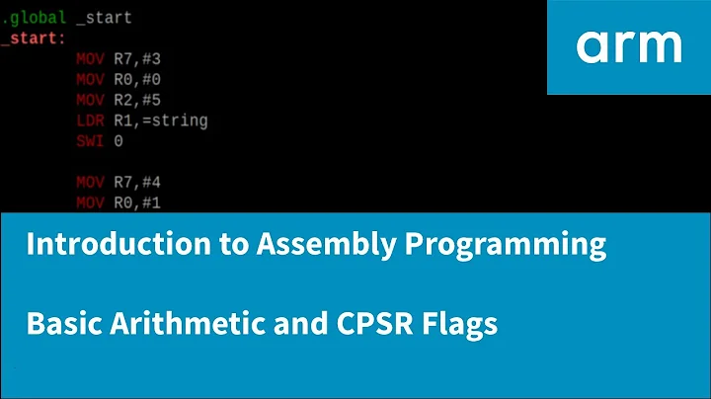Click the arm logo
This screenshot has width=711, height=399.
tap(628, 45)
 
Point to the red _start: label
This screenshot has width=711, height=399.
tap(34, 38)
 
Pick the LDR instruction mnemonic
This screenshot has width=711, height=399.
tap(90, 120)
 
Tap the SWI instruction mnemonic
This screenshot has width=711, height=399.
tap(90, 141)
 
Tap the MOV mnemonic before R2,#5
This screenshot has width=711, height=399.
tap(90, 100)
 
